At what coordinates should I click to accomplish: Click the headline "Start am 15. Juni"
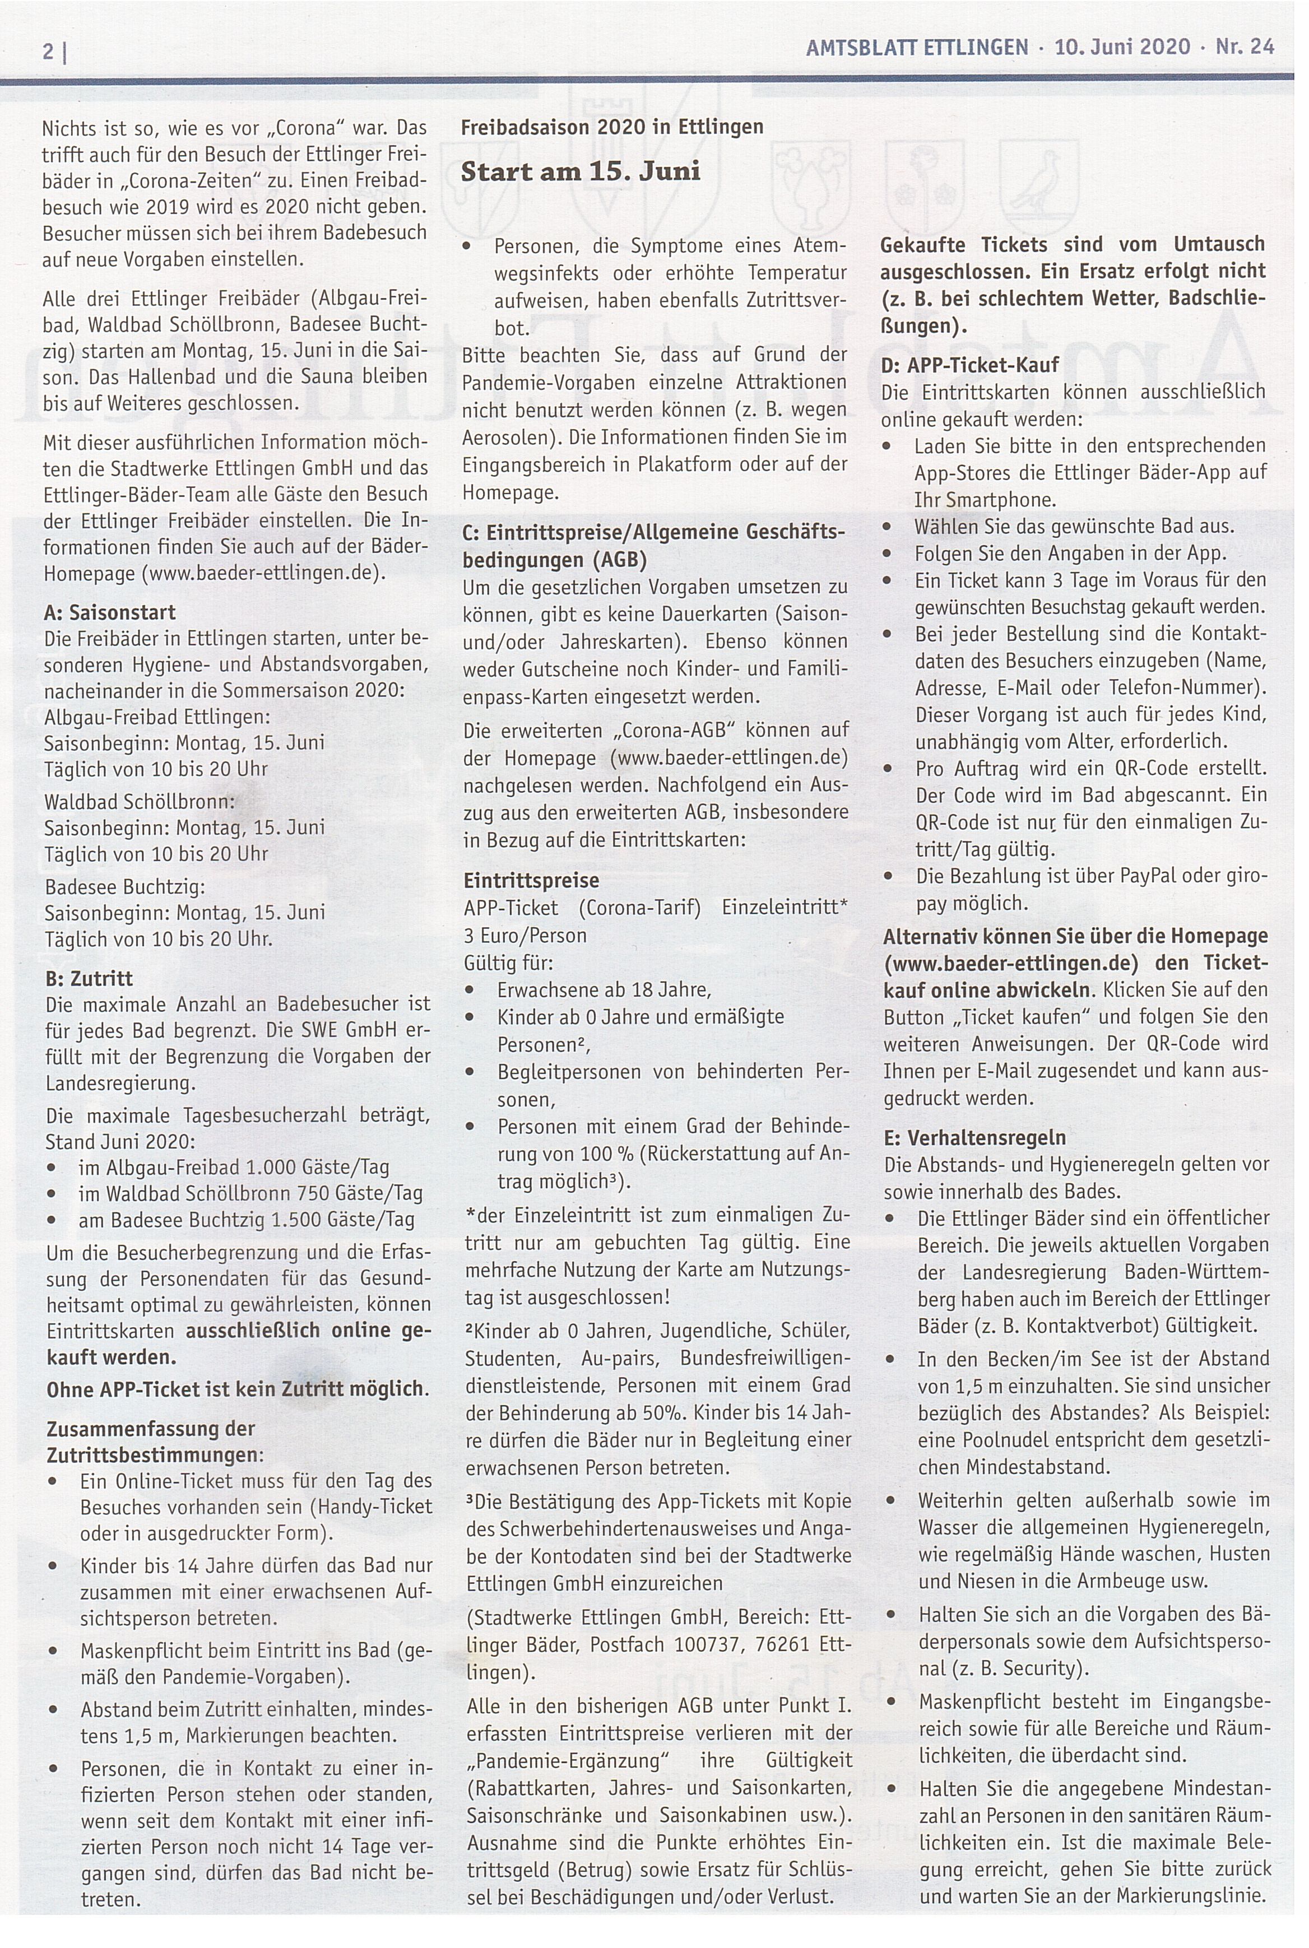coord(580,172)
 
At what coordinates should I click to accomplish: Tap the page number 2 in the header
coord(48,52)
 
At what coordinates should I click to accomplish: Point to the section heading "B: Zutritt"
coord(89,978)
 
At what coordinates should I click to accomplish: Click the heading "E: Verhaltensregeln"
coord(974,1137)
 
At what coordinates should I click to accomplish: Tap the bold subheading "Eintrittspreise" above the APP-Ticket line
coord(531,881)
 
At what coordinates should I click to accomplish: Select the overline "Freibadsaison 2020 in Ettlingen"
coord(611,127)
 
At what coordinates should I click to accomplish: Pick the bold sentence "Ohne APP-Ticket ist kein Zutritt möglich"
coord(236,1389)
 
